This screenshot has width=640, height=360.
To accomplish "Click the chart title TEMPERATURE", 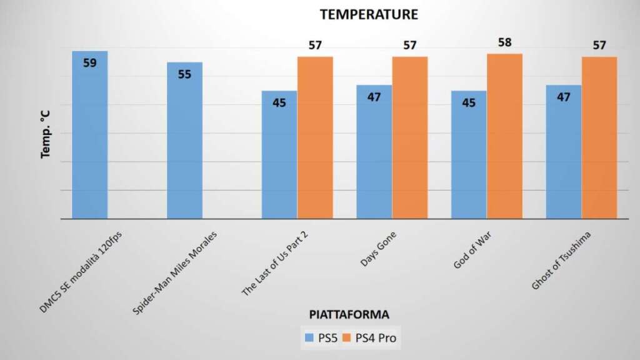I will point(368,14).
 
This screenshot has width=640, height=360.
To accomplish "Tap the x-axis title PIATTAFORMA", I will point(351,314).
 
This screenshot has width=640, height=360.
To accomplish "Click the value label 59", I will point(90,63).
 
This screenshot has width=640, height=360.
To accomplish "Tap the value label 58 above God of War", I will point(505,42).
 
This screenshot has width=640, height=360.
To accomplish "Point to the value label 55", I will point(184,74).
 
